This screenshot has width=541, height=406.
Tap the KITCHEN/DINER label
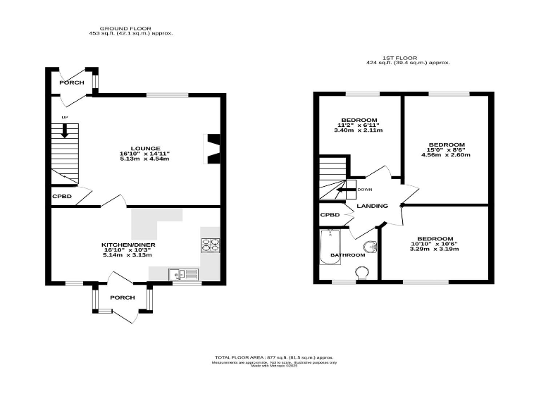(x=128, y=245)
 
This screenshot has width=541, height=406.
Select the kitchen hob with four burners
(x=211, y=245)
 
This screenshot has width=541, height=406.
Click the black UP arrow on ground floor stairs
(x=64, y=130)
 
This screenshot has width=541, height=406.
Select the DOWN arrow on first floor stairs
(x=344, y=190)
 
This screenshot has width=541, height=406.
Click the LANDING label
(x=372, y=206)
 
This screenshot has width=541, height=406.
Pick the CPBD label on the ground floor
(x=61, y=195)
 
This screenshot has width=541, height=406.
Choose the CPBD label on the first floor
(x=330, y=215)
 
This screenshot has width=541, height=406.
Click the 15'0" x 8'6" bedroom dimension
(x=447, y=150)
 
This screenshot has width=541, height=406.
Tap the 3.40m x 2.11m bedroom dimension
(x=359, y=130)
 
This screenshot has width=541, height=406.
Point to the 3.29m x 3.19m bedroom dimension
(x=434, y=250)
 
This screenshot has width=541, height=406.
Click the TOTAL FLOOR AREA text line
(x=274, y=358)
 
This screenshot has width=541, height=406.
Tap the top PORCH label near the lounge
(x=71, y=82)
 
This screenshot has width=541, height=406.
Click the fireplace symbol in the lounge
(x=211, y=148)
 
